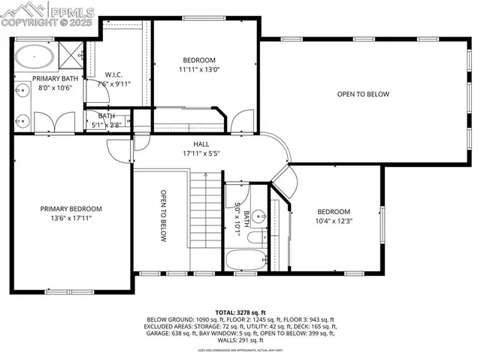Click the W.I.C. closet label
point(114,74)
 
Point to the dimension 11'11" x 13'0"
point(200,69)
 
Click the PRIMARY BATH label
point(49,77)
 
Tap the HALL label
point(201,144)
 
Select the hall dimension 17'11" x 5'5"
point(201,153)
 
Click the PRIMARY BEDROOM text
point(71,208)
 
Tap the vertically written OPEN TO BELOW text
point(162,215)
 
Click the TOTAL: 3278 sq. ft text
point(240,310)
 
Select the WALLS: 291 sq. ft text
point(240,340)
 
